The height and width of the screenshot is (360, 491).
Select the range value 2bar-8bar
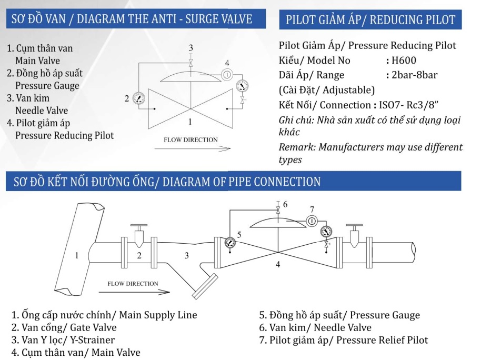pyautogui.click(x=414, y=75)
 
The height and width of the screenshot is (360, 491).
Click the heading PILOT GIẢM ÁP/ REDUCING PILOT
pyautogui.click(x=370, y=20)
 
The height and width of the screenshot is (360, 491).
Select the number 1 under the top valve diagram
pyautogui.click(x=191, y=122)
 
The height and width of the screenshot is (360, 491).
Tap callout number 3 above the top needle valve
pyautogui.click(x=191, y=48)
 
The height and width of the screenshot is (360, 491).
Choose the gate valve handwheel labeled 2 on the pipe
pyautogui.click(x=139, y=228)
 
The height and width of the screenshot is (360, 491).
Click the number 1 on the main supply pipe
pyautogui.click(x=76, y=256)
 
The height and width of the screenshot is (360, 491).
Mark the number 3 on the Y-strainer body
pyautogui.click(x=186, y=256)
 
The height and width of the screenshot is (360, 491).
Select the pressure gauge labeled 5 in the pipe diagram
pyautogui.click(x=229, y=243)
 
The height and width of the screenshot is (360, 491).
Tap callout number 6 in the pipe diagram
pyautogui.click(x=285, y=204)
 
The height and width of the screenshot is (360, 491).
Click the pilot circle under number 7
pyautogui.click(x=311, y=221)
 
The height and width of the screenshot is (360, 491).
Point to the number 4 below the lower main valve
pyautogui.click(x=278, y=265)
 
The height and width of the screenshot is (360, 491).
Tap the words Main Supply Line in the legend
pyautogui.click(x=158, y=315)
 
